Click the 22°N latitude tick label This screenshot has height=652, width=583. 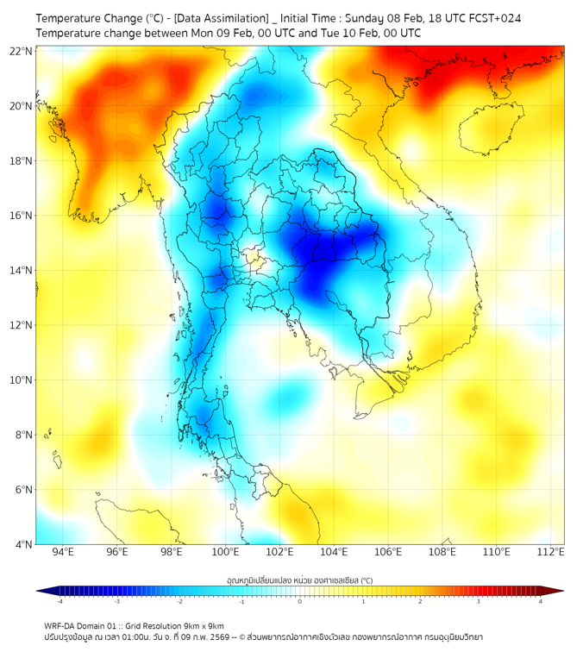pyautogui.click(x=22, y=51)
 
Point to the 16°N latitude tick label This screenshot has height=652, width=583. pyautogui.click(x=22, y=216)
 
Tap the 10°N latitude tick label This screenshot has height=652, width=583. pyautogui.click(x=22, y=380)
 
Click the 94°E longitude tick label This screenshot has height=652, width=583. pyautogui.click(x=63, y=552)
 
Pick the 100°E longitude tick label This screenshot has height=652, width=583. pyautogui.click(x=226, y=552)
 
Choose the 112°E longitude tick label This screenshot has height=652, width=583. pyautogui.click(x=551, y=552)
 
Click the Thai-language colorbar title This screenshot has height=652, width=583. pyautogui.click(x=299, y=580)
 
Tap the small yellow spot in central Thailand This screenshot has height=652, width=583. pyautogui.click(x=252, y=256)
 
